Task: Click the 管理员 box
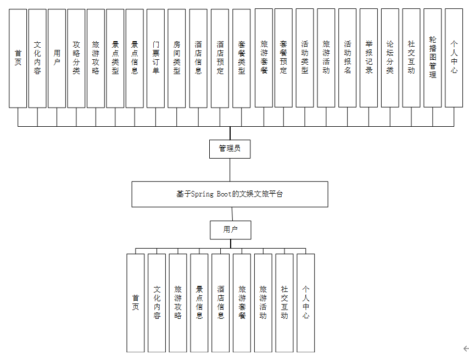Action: pyautogui.click(x=230, y=148)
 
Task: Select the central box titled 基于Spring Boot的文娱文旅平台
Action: pyautogui.click(x=230, y=194)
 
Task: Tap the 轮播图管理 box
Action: pyautogui.click(x=433, y=58)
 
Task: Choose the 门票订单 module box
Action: pyautogui.click(x=156, y=58)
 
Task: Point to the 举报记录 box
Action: pyautogui.click(x=369, y=58)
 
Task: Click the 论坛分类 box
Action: pyautogui.click(x=390, y=58)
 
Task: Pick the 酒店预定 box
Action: pyautogui.click(x=220, y=58)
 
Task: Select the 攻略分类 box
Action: pyautogui.click(x=76, y=58)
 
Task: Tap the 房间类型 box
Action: pyautogui.click(x=176, y=58)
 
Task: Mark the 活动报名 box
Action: pyautogui.click(x=347, y=58)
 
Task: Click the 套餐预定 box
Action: pyautogui.click(x=283, y=58)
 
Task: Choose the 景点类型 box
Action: pyautogui.click(x=115, y=58)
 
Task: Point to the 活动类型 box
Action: pyautogui.click(x=305, y=58)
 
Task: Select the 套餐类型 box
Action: pyautogui.click(x=241, y=58)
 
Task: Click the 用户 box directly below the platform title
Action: pyautogui.click(x=230, y=230)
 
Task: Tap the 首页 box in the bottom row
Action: pyautogui.click(x=136, y=302)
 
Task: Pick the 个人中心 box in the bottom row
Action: pyautogui.click(x=306, y=302)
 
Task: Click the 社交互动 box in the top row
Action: pyautogui.click(x=411, y=58)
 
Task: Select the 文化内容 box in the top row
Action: pyautogui.click(x=37, y=58)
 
